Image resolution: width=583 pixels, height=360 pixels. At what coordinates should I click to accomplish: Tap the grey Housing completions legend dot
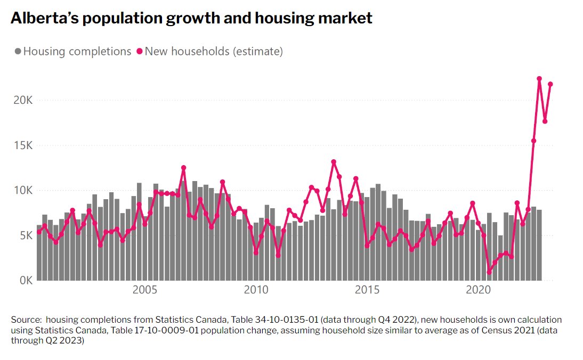[x=18, y=52]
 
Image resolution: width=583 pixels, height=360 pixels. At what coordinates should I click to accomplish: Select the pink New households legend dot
[x=140, y=52]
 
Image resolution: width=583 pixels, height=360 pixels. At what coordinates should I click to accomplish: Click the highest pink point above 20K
[x=539, y=79]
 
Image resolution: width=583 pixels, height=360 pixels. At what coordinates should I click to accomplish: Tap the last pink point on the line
[x=550, y=84]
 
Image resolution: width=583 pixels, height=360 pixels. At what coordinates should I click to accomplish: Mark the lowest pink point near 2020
[x=489, y=272]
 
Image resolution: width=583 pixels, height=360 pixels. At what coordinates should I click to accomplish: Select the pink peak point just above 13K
[x=334, y=162]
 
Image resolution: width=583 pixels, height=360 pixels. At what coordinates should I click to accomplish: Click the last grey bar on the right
[x=539, y=245]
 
